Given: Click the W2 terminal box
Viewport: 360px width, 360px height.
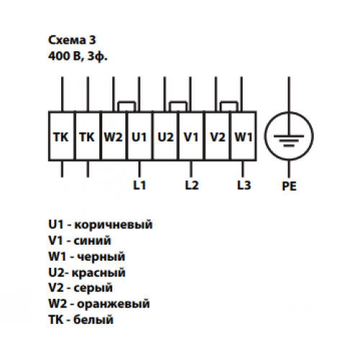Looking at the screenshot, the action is [114, 136].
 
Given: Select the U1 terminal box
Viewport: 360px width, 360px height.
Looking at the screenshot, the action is [140, 136].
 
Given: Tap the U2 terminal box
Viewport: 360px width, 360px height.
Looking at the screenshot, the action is [166, 136].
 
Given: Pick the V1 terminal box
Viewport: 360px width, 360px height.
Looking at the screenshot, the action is [192, 136].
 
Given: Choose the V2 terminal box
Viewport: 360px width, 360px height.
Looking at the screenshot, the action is [217, 136].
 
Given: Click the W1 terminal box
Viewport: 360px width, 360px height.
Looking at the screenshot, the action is [243, 136].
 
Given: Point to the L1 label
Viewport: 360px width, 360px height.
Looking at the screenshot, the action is [140, 185].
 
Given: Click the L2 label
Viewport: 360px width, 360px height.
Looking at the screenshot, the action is [192, 185].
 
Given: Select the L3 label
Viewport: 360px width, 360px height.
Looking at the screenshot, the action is [244, 185].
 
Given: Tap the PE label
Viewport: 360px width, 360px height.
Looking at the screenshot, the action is [289, 186].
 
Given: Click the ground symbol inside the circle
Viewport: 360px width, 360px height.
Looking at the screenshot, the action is [289, 140].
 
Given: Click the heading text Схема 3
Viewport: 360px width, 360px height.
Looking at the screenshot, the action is [72, 40].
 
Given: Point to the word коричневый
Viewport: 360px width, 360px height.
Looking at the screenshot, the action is [113, 225].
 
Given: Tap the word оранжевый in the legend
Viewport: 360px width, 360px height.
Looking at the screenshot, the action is [113, 304].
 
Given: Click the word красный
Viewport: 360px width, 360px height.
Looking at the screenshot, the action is [99, 273].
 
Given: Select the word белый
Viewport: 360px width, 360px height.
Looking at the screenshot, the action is [93, 320].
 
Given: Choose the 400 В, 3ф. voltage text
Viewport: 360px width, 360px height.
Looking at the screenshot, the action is [78, 57].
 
